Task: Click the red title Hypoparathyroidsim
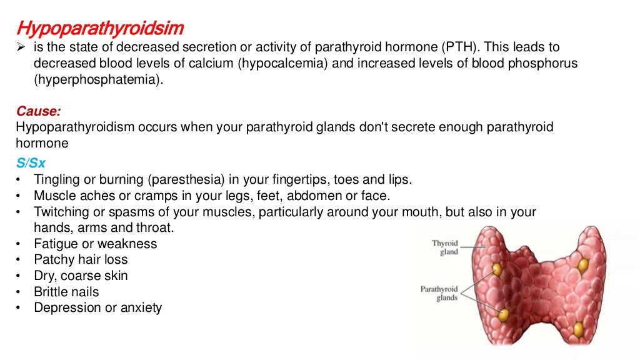(x=100, y=29)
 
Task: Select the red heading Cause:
(x=39, y=112)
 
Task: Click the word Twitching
(x=59, y=212)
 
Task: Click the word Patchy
(x=54, y=260)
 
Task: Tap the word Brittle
(x=52, y=292)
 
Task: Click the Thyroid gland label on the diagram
(x=445, y=247)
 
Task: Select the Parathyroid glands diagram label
(x=439, y=294)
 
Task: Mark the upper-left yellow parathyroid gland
(x=497, y=269)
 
